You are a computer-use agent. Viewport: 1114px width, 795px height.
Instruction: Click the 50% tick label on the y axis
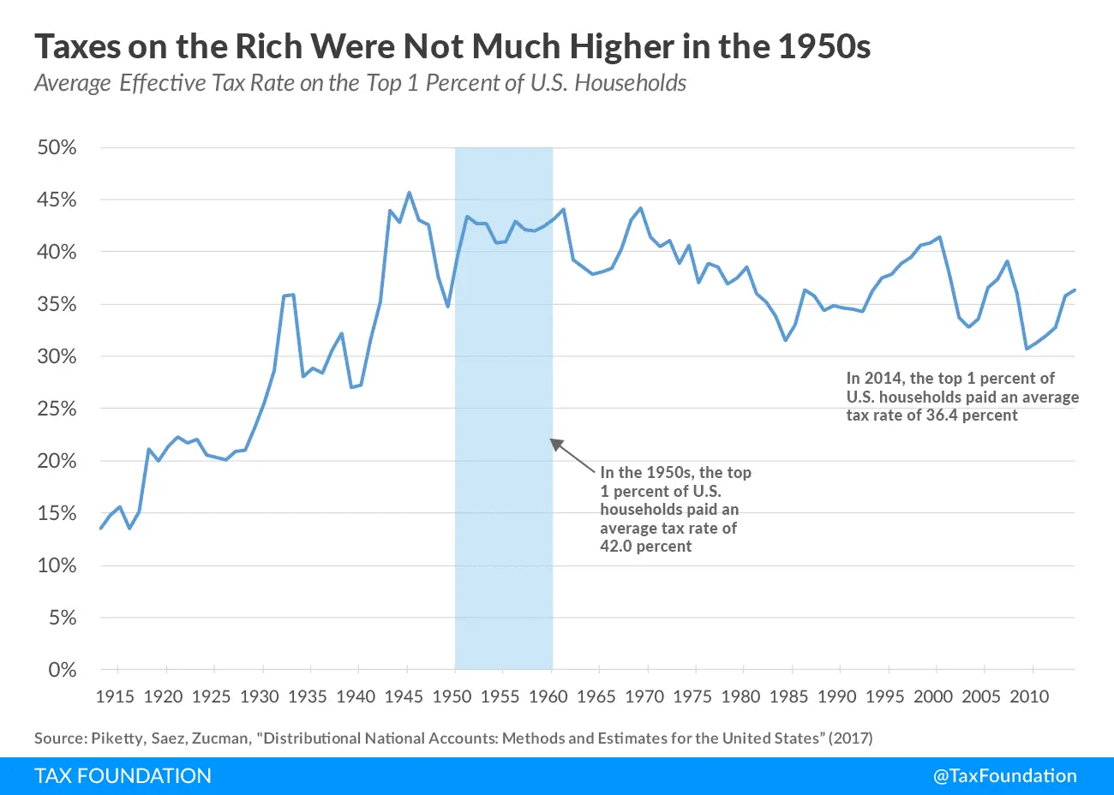(x=57, y=147)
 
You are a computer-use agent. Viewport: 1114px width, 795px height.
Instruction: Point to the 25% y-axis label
(x=57, y=409)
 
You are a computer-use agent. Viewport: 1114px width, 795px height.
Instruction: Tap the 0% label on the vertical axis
(x=62, y=670)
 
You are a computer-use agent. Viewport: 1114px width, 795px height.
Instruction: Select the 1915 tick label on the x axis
(x=115, y=696)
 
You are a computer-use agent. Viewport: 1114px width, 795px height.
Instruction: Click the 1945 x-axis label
(x=403, y=696)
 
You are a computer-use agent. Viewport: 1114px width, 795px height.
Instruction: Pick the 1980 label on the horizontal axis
(x=740, y=696)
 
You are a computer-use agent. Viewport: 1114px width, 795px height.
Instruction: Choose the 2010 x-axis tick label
(x=1028, y=696)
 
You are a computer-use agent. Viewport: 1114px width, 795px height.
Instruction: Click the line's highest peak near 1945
(x=409, y=193)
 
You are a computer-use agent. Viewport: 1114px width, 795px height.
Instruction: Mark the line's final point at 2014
(x=1075, y=290)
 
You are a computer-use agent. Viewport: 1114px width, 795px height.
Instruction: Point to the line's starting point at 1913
(x=101, y=528)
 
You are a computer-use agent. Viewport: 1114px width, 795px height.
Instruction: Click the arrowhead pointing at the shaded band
(x=556, y=444)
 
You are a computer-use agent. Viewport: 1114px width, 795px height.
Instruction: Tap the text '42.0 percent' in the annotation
(x=645, y=547)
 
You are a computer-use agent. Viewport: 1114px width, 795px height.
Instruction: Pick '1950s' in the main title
(x=824, y=46)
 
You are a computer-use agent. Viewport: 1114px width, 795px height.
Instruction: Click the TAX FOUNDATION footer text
(x=123, y=776)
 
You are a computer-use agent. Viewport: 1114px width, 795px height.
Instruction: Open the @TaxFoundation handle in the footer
(x=1004, y=776)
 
